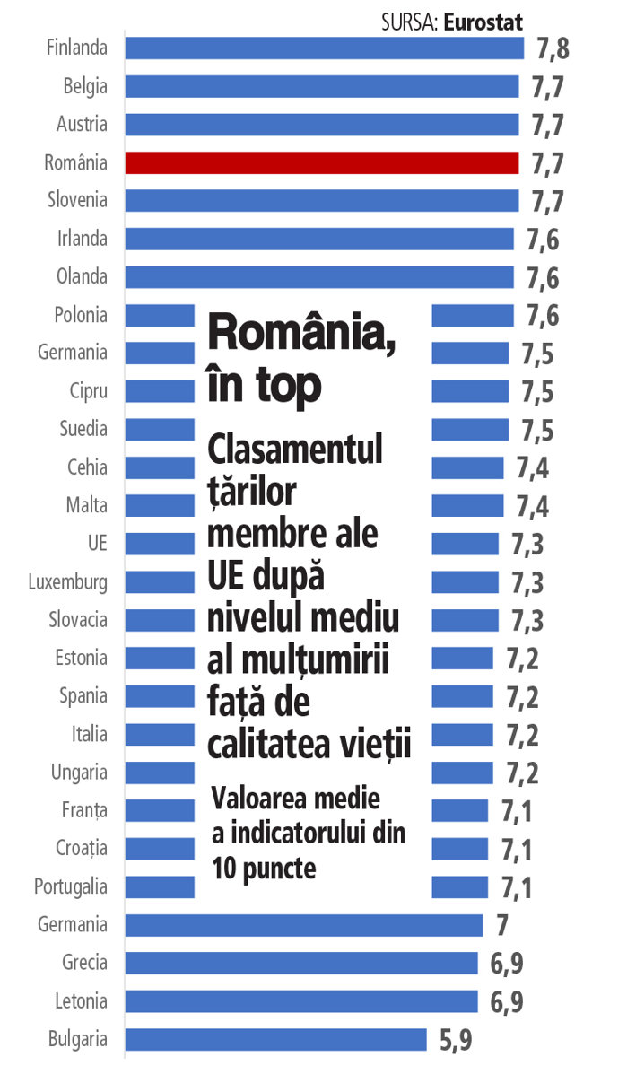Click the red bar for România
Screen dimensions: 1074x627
point(321,162)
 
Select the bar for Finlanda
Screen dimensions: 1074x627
point(324,48)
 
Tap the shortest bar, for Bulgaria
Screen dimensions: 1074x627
point(275,1039)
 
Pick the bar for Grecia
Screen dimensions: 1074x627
point(300,963)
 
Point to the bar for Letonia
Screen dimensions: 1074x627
point(300,1000)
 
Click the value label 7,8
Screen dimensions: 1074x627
point(553,48)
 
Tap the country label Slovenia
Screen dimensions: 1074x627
point(77,200)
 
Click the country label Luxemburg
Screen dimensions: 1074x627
point(67,581)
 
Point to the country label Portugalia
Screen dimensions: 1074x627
point(71,886)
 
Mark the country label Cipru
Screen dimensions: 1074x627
point(88,391)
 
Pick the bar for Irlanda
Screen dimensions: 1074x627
point(318,239)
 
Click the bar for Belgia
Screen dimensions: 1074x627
point(321,86)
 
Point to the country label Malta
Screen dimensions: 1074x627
point(86,505)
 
